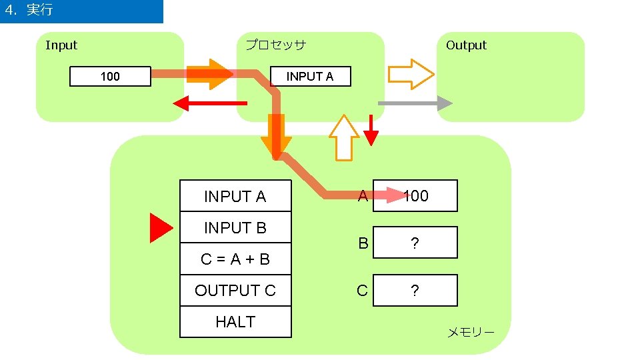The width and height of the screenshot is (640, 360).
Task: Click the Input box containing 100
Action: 110,77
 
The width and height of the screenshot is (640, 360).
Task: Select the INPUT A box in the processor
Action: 309,77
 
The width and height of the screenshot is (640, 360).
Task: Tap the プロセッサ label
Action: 275,45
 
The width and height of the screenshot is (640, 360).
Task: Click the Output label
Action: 466,45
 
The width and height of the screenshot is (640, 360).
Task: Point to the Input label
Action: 61,45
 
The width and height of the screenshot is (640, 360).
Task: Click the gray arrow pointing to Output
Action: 415,103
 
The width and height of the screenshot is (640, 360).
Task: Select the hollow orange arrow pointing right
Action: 411,74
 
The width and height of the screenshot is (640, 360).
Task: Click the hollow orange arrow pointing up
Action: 344,137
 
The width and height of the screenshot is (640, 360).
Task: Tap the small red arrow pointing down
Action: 371,131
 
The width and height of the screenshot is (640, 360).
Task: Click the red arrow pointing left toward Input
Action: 209,103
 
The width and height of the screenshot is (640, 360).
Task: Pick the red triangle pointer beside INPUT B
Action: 161,228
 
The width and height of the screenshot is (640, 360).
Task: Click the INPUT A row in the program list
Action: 235,196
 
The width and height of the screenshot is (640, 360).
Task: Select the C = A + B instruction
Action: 235,259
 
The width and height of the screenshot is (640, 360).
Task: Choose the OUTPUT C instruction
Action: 235,291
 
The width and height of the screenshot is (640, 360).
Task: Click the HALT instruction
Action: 235,322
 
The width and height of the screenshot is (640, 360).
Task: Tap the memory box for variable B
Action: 415,243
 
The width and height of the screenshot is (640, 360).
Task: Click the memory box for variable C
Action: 415,291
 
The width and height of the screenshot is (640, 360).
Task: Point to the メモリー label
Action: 470,332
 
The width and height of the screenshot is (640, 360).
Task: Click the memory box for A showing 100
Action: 415,195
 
